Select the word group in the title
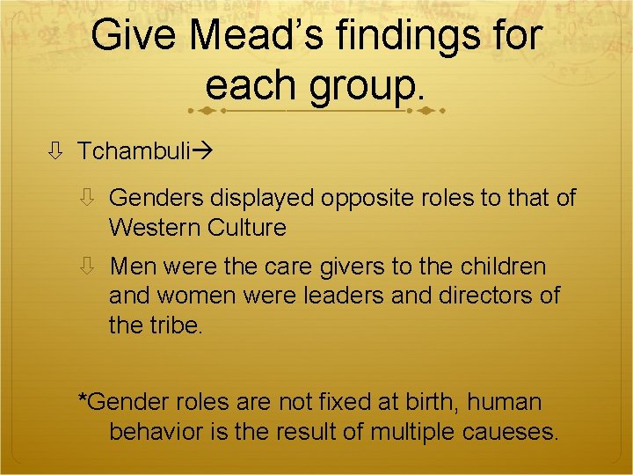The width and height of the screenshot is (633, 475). tap(368, 85)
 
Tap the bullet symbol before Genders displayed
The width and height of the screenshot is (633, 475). tap(87, 198)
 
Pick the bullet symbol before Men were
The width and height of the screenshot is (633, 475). tap(87, 267)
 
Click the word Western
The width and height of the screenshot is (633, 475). tap(155, 228)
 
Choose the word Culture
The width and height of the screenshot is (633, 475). tap(247, 228)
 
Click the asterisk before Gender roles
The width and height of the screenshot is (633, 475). tap(84, 400)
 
